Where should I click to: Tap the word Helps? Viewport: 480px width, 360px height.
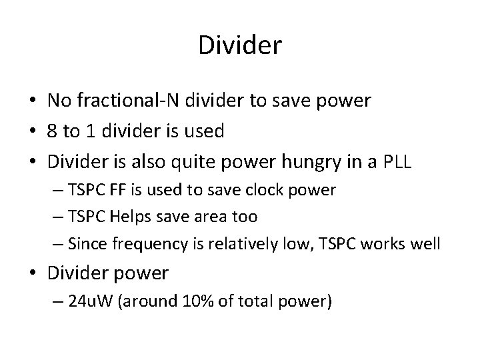[x=131, y=217]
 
